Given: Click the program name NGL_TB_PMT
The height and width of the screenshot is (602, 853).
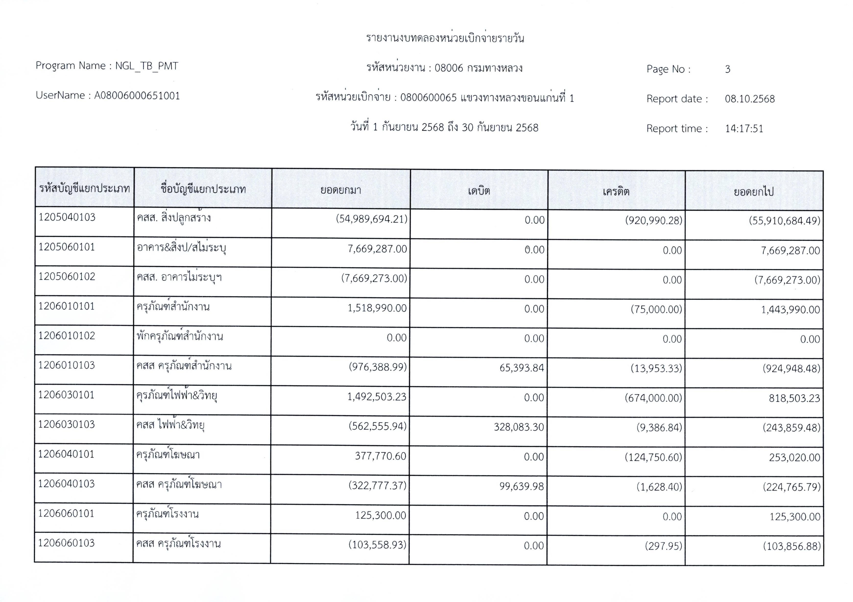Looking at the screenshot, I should [146, 66].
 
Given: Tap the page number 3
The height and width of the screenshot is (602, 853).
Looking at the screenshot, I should [727, 69].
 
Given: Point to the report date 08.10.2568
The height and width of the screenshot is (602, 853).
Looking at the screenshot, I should [750, 99].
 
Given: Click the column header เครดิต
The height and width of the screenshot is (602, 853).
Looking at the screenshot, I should [616, 191].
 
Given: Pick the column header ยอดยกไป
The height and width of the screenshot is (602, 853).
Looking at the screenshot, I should [754, 192].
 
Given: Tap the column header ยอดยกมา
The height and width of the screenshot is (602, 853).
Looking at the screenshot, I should [341, 190].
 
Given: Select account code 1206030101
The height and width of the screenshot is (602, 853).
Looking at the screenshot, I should [67, 395].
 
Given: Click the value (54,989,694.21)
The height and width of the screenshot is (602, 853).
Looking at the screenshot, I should [372, 219].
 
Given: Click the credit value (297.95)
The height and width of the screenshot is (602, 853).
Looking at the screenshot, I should [663, 546].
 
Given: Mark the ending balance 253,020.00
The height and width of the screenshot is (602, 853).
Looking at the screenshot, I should [794, 457].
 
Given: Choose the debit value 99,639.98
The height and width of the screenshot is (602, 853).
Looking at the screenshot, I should [522, 486].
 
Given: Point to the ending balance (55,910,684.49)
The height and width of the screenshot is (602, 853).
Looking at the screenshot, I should [784, 221].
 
